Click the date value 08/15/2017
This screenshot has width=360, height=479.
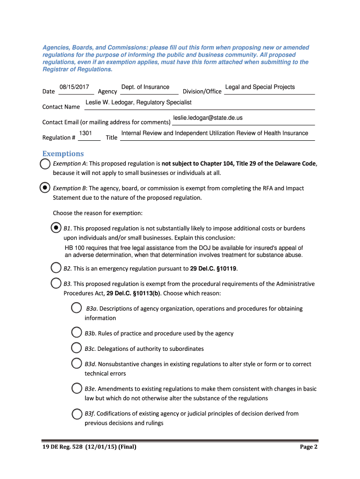pos(74,87)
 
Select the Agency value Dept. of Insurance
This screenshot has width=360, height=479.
pos(145,87)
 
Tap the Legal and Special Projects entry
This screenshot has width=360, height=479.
pos(260,87)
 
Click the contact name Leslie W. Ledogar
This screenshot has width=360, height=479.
pos(138,102)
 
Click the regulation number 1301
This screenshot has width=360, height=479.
pos(85,133)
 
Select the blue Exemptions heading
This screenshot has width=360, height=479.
pos(63,154)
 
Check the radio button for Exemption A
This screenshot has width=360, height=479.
pos(45,164)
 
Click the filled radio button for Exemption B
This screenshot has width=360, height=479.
pos(44,188)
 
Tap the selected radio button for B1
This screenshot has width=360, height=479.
pos(56,228)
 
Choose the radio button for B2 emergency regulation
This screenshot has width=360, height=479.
pos(56,268)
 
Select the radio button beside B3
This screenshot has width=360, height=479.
pos(56,283)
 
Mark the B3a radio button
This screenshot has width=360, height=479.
pos(76,308)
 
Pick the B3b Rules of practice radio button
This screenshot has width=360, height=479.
pos(76,333)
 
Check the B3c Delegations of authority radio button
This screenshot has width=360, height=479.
pos(76,348)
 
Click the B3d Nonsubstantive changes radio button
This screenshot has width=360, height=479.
pos(76,363)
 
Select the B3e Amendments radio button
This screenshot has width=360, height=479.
pos(76,388)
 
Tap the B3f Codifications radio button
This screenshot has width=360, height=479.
pos(76,413)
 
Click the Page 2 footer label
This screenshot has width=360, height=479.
pos(309,447)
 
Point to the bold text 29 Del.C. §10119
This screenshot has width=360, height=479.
pos(213,269)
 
